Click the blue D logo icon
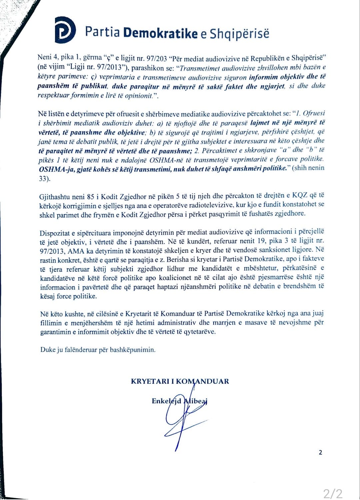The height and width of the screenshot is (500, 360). click(65, 30)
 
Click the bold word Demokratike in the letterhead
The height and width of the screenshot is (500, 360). click(160, 33)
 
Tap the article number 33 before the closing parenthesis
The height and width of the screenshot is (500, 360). click(43, 178)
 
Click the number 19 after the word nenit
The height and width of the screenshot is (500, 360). click(262, 240)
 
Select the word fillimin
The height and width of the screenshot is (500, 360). click(51, 323)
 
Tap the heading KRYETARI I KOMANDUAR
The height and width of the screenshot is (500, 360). click(180, 381)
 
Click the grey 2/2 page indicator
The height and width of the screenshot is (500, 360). click(333, 493)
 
